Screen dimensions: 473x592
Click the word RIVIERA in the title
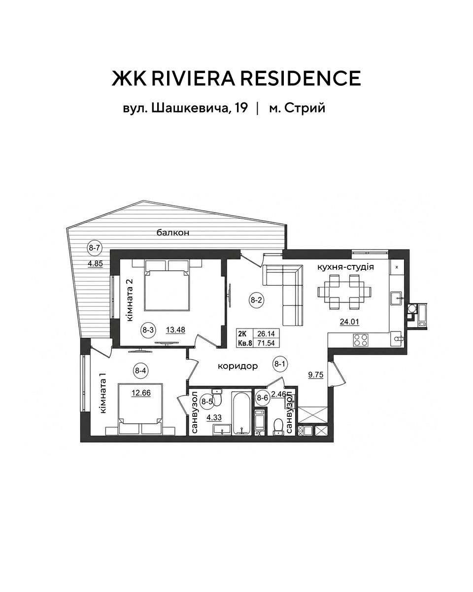pyautogui.click(x=193, y=78)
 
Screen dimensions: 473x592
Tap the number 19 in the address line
pyautogui.click(x=241, y=108)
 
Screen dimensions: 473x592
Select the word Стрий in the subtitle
pyautogui.click(x=304, y=108)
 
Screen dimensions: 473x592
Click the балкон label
pyautogui.click(x=173, y=233)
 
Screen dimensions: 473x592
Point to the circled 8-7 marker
pyautogui.click(x=94, y=248)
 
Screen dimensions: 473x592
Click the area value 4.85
pyautogui.click(x=95, y=264)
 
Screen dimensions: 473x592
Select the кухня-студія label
pyautogui.click(x=345, y=267)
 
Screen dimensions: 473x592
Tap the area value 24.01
pyautogui.click(x=349, y=322)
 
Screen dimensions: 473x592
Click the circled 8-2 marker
pyautogui.click(x=256, y=300)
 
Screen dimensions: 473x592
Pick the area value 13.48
pyautogui.click(x=175, y=330)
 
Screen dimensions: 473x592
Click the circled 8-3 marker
pyautogui.click(x=148, y=330)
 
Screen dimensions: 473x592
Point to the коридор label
pyautogui.click(x=238, y=366)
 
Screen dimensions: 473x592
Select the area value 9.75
pyautogui.click(x=316, y=374)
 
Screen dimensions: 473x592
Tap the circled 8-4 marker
pyautogui.click(x=141, y=371)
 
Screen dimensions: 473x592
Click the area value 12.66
pyautogui.click(x=141, y=393)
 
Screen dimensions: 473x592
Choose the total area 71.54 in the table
pyautogui.click(x=266, y=343)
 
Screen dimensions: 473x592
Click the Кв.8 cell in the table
pyautogui.click(x=245, y=343)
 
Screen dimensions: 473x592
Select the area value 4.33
pyautogui.click(x=214, y=417)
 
